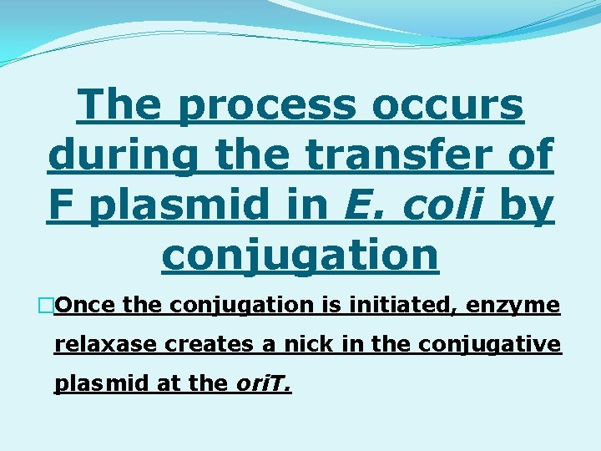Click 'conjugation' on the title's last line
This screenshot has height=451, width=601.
click(x=300, y=255)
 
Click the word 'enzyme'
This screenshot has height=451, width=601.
click(x=513, y=306)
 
